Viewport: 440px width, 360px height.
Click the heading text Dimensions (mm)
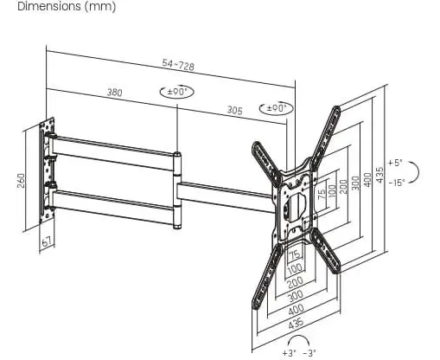tap(67, 6)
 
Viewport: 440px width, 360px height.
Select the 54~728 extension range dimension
tap(178, 65)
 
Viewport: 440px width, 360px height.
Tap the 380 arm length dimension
tap(115, 93)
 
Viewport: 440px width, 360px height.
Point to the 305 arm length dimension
tap(234, 110)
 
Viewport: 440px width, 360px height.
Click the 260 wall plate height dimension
tap(22, 181)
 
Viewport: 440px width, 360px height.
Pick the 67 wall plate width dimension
tap(48, 241)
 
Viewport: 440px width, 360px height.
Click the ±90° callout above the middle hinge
tap(177, 92)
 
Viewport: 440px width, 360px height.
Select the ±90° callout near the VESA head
tap(277, 108)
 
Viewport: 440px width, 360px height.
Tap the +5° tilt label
tap(395, 163)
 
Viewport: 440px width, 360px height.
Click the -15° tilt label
tap(397, 183)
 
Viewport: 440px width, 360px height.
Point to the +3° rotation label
tap(289, 353)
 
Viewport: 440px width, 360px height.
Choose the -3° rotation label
tap(309, 353)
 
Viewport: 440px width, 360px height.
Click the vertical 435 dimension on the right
tap(379, 175)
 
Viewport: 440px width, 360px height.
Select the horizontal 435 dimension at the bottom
tap(296, 323)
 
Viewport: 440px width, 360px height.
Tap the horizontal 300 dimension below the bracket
tap(296, 295)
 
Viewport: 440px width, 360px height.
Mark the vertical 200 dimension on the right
tap(344, 187)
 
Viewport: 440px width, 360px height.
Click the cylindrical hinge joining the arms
tap(177, 190)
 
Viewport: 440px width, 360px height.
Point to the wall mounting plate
tap(47, 170)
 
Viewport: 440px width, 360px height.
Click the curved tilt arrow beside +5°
tap(414, 172)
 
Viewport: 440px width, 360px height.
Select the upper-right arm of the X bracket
tap(326, 138)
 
